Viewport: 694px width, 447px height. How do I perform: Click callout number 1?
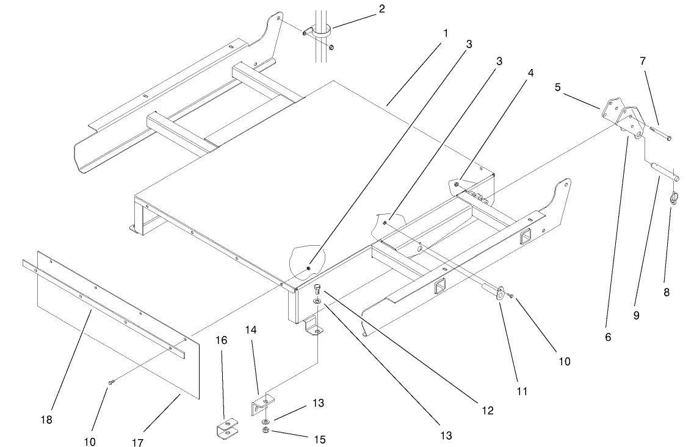(446, 32)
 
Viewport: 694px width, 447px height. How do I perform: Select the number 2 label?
(381, 9)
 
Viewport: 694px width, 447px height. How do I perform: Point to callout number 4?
(530, 72)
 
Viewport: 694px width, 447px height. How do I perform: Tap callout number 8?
(667, 292)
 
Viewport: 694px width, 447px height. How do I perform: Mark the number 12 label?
(487, 410)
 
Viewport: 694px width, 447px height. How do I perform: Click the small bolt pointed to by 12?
(317, 289)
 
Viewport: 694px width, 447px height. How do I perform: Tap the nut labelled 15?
(267, 432)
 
